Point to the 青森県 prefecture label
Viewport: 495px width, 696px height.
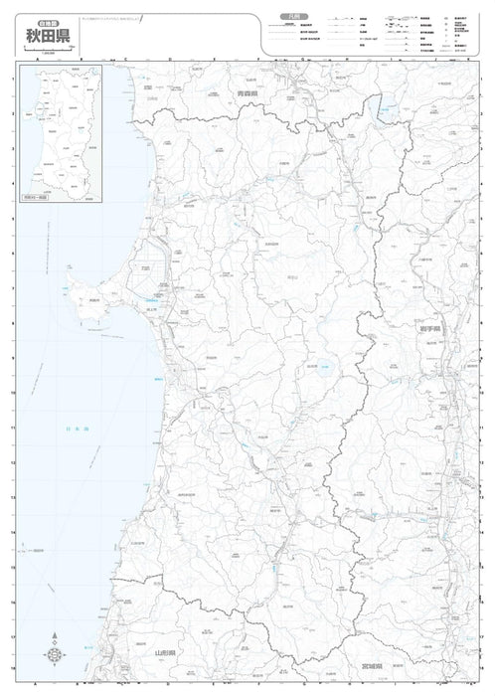(x=247, y=93)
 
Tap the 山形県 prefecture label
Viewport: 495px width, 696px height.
(x=166, y=653)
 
